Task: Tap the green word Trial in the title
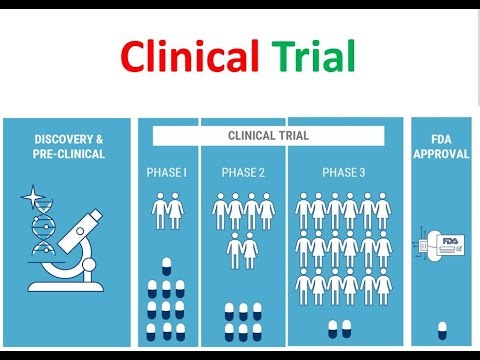point(313,58)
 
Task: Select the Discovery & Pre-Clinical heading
point(69,146)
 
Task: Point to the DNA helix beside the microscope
point(42,230)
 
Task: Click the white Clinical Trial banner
point(268,135)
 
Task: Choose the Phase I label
point(167,173)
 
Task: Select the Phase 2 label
point(243,173)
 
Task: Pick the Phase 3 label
point(343,173)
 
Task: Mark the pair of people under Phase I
point(167,211)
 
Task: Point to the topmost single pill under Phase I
point(166,266)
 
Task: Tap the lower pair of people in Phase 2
point(243,249)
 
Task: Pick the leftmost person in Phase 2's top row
point(221,211)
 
